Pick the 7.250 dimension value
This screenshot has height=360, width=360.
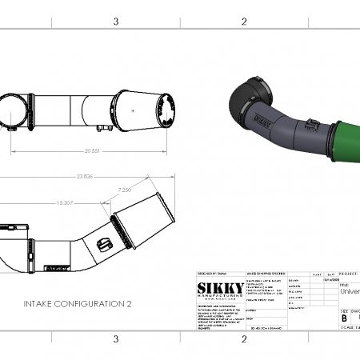pyautogui.click(x=125, y=190)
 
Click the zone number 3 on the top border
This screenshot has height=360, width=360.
pyautogui.click(x=116, y=22)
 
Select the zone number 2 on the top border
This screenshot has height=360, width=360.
pyautogui.click(x=243, y=22)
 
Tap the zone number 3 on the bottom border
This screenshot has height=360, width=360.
pyautogui.click(x=116, y=339)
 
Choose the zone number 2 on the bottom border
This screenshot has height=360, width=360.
pyautogui.click(x=243, y=339)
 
